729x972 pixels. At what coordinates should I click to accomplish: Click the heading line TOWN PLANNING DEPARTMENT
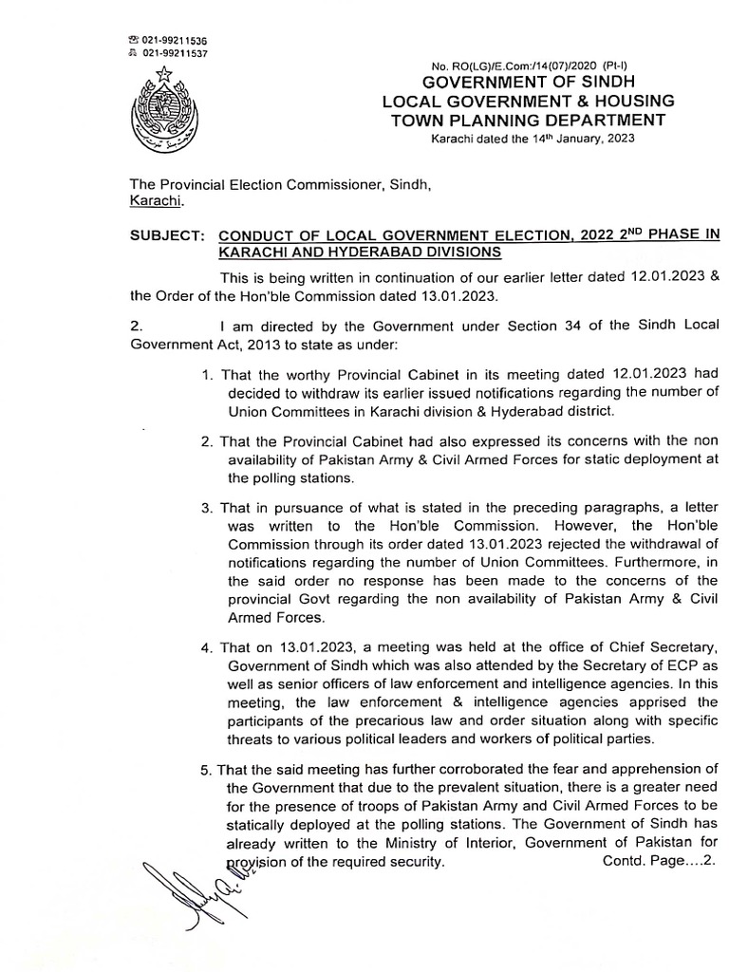pos(529,120)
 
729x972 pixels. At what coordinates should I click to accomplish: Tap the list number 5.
pos(207,769)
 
